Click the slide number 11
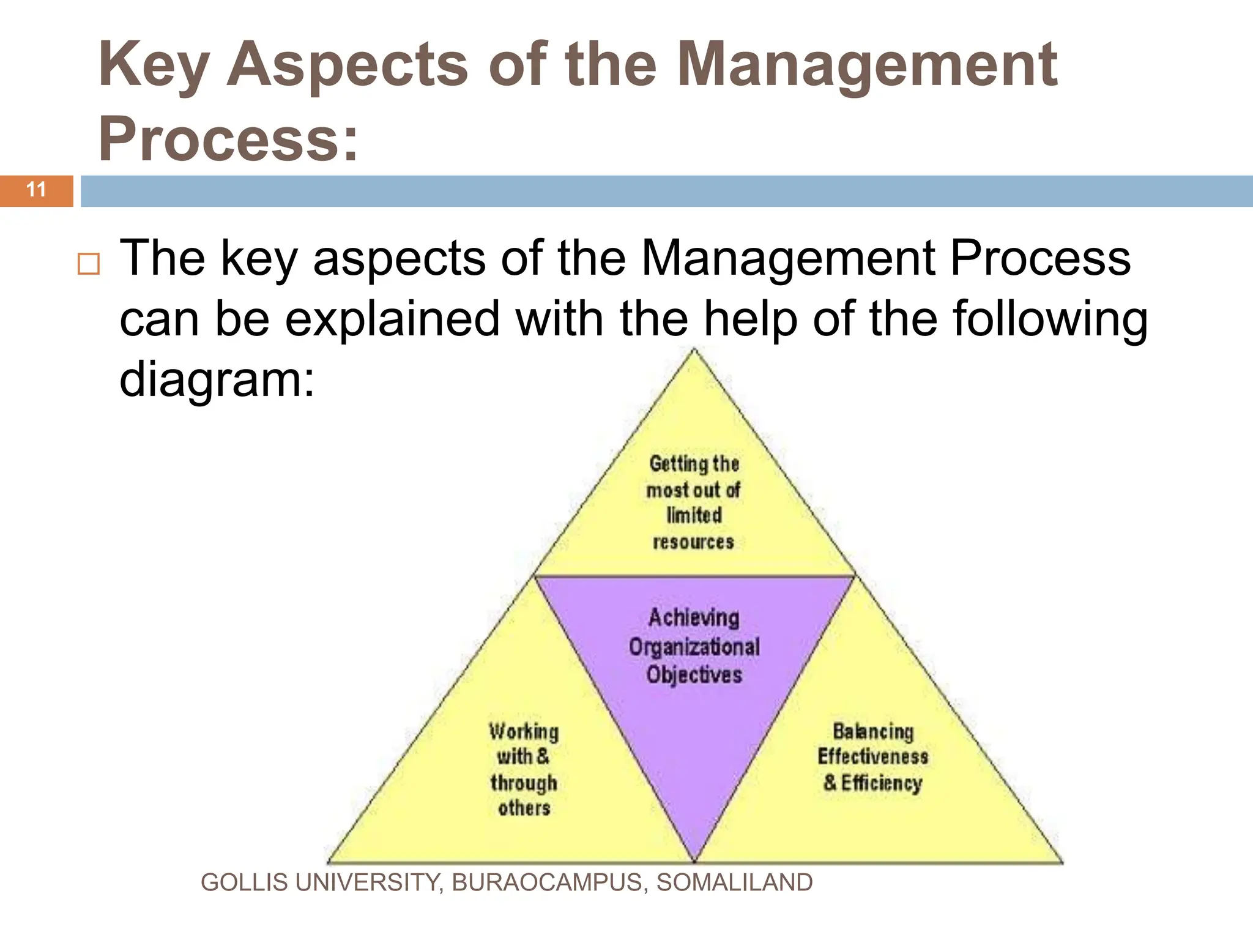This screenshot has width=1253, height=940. pyautogui.click(x=37, y=190)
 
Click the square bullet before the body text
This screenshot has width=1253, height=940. pyautogui.click(x=89, y=264)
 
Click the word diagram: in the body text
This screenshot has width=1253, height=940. pyautogui.click(x=217, y=379)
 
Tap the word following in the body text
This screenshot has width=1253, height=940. pyautogui.click(x=1050, y=319)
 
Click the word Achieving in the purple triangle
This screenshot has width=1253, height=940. pyautogui.click(x=694, y=618)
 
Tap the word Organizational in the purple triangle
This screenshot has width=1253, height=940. pyautogui.click(x=694, y=647)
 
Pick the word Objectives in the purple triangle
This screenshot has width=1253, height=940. pyautogui.click(x=694, y=675)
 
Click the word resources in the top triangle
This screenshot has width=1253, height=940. pyautogui.click(x=693, y=542)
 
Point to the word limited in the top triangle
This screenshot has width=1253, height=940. pyautogui.click(x=694, y=515)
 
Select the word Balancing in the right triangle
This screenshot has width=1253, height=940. pyautogui.click(x=873, y=731)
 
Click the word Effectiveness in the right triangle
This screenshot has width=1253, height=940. pyautogui.click(x=873, y=757)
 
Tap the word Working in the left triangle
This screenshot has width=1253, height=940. pyautogui.click(x=524, y=731)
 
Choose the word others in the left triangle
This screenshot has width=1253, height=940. pyautogui.click(x=524, y=808)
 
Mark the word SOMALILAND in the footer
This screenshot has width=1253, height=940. pyautogui.click(x=734, y=882)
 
